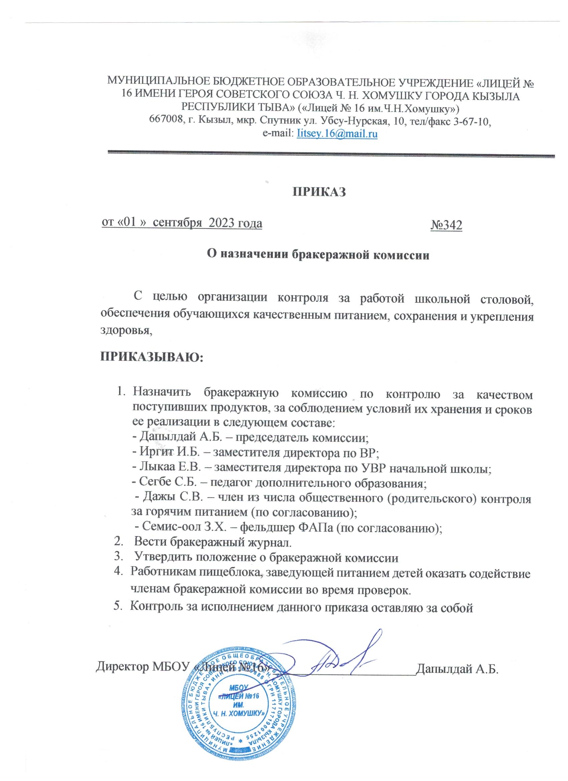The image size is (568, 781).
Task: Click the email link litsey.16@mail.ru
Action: pos(337,133)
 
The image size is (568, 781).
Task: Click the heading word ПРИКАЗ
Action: pos(319,192)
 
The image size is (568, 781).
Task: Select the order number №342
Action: pos(446,225)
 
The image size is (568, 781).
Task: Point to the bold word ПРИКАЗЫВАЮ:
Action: pos(152,357)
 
